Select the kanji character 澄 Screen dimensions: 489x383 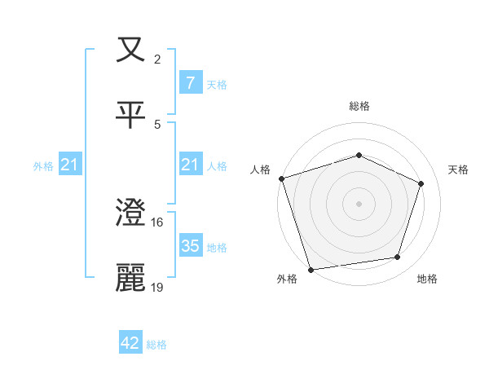point(130,214)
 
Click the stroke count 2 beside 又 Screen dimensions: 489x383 point(157,59)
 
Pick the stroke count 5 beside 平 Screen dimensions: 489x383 point(157,124)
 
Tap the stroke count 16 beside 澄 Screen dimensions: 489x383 point(158,222)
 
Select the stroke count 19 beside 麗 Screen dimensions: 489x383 point(158,287)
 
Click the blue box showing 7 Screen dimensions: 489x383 point(190,83)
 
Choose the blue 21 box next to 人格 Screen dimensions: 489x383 point(190,165)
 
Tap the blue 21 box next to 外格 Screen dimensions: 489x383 point(70,165)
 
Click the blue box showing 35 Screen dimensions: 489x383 point(190,247)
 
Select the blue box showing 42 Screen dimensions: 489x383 point(130,343)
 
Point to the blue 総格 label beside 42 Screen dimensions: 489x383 point(156,345)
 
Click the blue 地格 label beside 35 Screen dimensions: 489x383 point(217,248)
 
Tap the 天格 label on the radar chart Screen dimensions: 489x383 point(458,169)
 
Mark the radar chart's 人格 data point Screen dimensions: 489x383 point(281,178)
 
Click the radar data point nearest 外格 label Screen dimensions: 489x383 point(311,268)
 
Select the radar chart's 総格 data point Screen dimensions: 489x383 point(359,155)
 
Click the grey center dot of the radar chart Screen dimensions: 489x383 point(359,203)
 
